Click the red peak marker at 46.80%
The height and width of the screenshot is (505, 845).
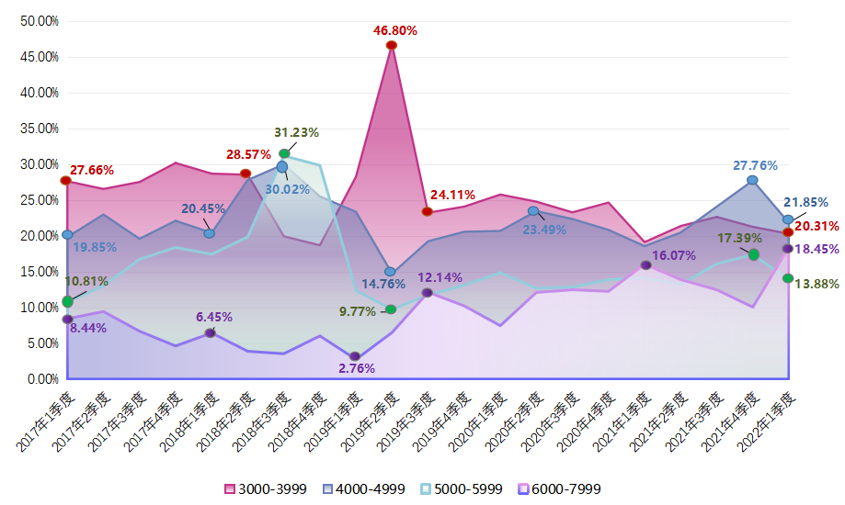tap(392, 45)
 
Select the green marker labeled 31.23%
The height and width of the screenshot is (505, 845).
tap(284, 153)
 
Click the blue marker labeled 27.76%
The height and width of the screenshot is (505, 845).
tap(752, 180)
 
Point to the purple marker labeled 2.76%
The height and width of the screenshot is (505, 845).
tap(355, 356)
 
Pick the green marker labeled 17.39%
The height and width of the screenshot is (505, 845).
tap(753, 254)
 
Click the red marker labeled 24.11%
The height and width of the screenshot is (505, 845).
tap(428, 211)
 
